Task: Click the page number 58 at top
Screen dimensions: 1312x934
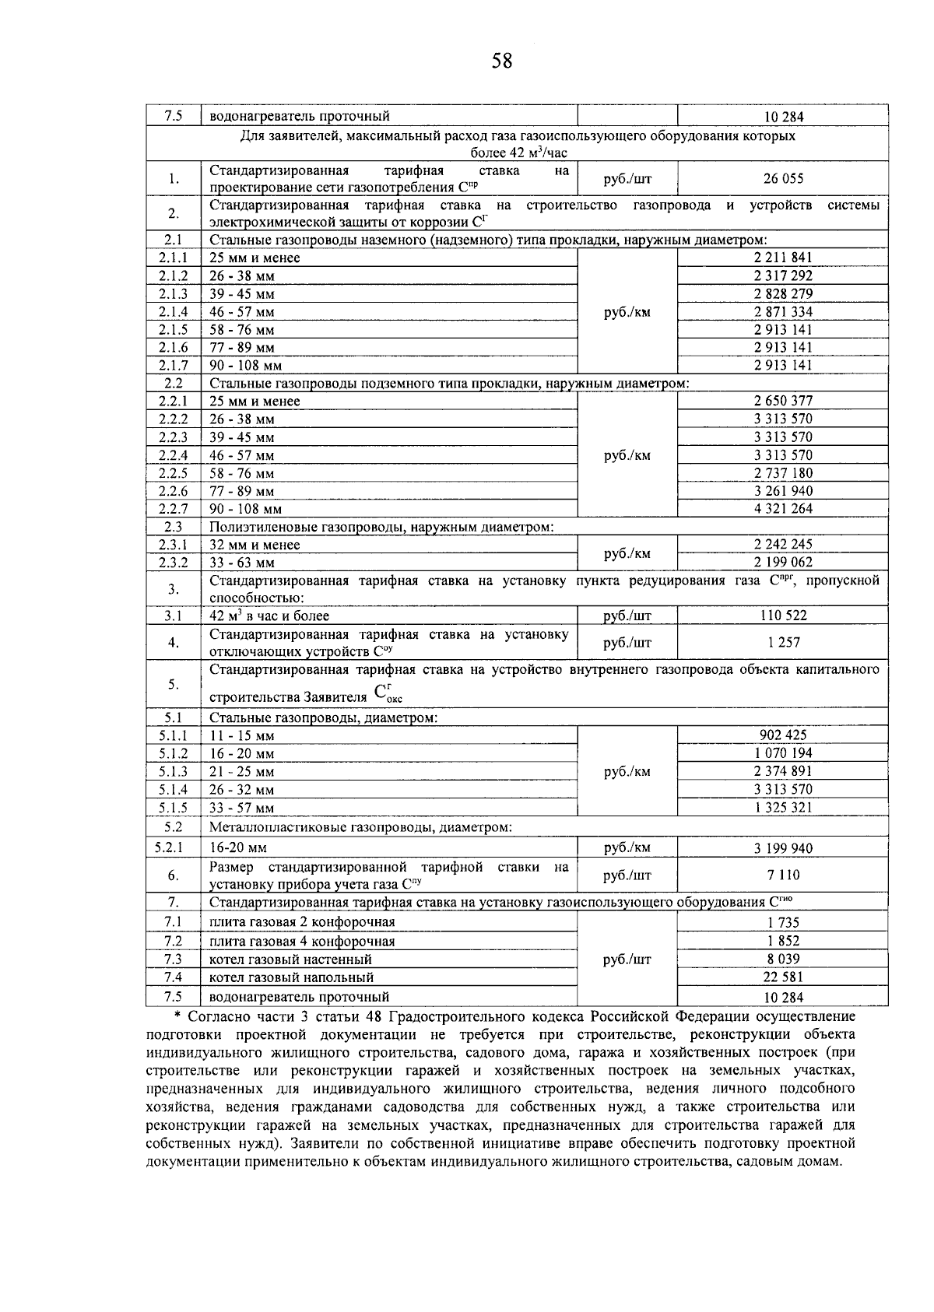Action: (502, 61)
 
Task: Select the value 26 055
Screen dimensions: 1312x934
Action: (783, 179)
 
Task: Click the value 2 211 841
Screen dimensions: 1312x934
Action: (783, 258)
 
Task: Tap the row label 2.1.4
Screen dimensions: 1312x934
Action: (174, 312)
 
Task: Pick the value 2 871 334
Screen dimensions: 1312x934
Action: (783, 312)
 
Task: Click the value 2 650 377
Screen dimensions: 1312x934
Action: (783, 401)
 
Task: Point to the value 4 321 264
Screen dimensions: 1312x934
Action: (783, 509)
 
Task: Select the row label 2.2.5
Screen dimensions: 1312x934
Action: (174, 473)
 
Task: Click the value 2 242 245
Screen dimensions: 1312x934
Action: (783, 545)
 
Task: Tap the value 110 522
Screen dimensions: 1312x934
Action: (783, 616)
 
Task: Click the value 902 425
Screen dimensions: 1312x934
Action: (783, 735)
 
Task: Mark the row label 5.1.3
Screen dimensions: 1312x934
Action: (174, 772)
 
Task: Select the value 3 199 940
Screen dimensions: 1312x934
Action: (783, 848)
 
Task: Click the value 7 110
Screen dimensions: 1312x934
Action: (783, 875)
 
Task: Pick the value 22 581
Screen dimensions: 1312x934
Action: (783, 977)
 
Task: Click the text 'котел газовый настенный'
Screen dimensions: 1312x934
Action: (291, 959)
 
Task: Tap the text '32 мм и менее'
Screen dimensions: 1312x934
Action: (255, 545)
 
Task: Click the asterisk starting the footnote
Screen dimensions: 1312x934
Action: (177, 1017)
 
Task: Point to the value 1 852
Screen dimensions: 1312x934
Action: (783, 942)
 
